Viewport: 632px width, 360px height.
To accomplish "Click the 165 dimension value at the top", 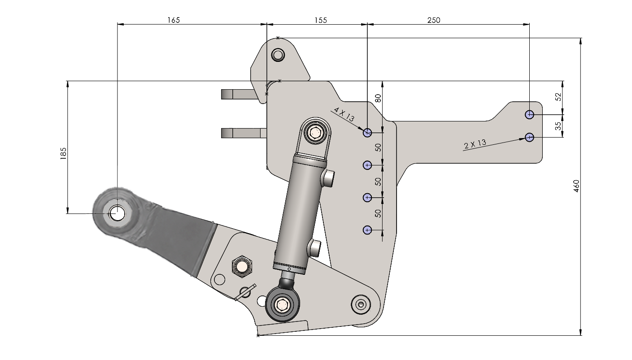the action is (174, 20).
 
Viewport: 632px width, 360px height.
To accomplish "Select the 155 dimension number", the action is (321, 20).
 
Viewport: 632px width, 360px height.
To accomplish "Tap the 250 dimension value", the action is (434, 20).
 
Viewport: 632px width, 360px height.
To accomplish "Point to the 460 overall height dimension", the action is (576, 186).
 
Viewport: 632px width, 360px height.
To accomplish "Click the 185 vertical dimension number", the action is (63, 154).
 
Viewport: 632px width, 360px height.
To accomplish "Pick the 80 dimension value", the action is (378, 98).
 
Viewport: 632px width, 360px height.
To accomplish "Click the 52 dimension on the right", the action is (558, 97).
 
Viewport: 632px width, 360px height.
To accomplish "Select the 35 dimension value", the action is (558, 126).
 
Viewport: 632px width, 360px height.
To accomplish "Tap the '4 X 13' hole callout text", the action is (344, 114).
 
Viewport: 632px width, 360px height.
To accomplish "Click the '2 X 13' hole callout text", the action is (475, 144).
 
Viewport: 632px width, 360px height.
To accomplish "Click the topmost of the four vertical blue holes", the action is (367, 132).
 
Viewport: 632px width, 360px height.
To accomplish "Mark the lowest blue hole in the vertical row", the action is (367, 230).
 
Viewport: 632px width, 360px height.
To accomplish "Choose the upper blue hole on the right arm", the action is (530, 114).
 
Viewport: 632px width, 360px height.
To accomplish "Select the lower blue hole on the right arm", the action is (530, 137).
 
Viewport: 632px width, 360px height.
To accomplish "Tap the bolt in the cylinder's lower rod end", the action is (282, 304).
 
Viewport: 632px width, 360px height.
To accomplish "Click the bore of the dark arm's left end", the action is (117, 213).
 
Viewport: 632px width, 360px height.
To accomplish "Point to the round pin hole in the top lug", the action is (278, 55).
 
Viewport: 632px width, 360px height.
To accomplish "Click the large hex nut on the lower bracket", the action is (242, 266).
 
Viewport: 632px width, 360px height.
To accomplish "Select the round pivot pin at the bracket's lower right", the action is (361, 304).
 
